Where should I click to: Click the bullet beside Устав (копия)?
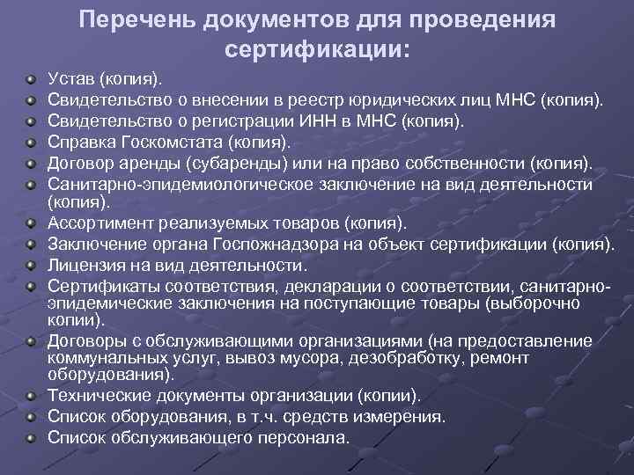pyautogui.click(x=32, y=81)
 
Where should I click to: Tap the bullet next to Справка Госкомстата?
pyautogui.click(x=32, y=141)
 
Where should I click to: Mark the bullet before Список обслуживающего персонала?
pyautogui.click(x=32, y=435)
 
